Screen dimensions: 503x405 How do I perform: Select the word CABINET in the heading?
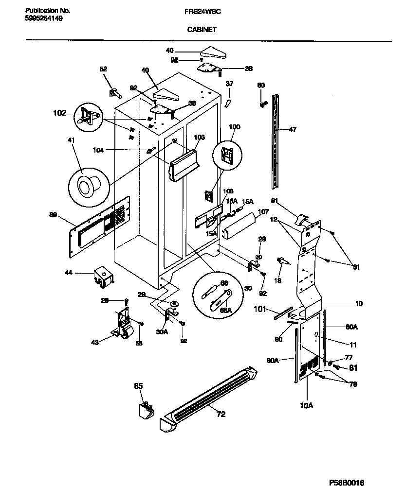(202, 29)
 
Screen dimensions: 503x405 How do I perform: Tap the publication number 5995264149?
(43, 18)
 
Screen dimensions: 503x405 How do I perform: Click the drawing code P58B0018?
(346, 483)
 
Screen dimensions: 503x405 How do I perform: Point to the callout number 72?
(221, 414)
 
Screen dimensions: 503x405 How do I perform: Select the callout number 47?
(292, 130)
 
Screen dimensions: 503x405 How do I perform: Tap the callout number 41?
(72, 140)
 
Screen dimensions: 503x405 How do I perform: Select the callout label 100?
(234, 127)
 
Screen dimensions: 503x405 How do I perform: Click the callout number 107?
(263, 211)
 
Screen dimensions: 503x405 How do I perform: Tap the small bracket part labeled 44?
(103, 276)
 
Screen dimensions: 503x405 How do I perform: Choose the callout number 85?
(138, 387)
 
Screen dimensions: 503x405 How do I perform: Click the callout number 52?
(103, 69)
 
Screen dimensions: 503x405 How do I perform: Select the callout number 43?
(95, 342)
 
